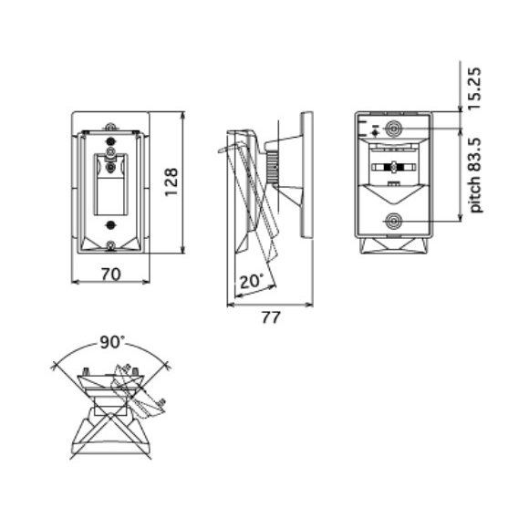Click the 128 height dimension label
[x=171, y=182]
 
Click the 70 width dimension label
[x=111, y=275]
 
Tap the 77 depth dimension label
[x=270, y=317]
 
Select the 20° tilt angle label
[x=252, y=281]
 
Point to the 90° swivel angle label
[x=112, y=342]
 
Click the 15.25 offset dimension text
[x=475, y=88]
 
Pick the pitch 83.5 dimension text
[x=475, y=175]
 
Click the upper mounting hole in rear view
[x=393, y=129]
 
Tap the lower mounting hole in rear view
[x=393, y=222]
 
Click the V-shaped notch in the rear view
[x=393, y=193]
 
